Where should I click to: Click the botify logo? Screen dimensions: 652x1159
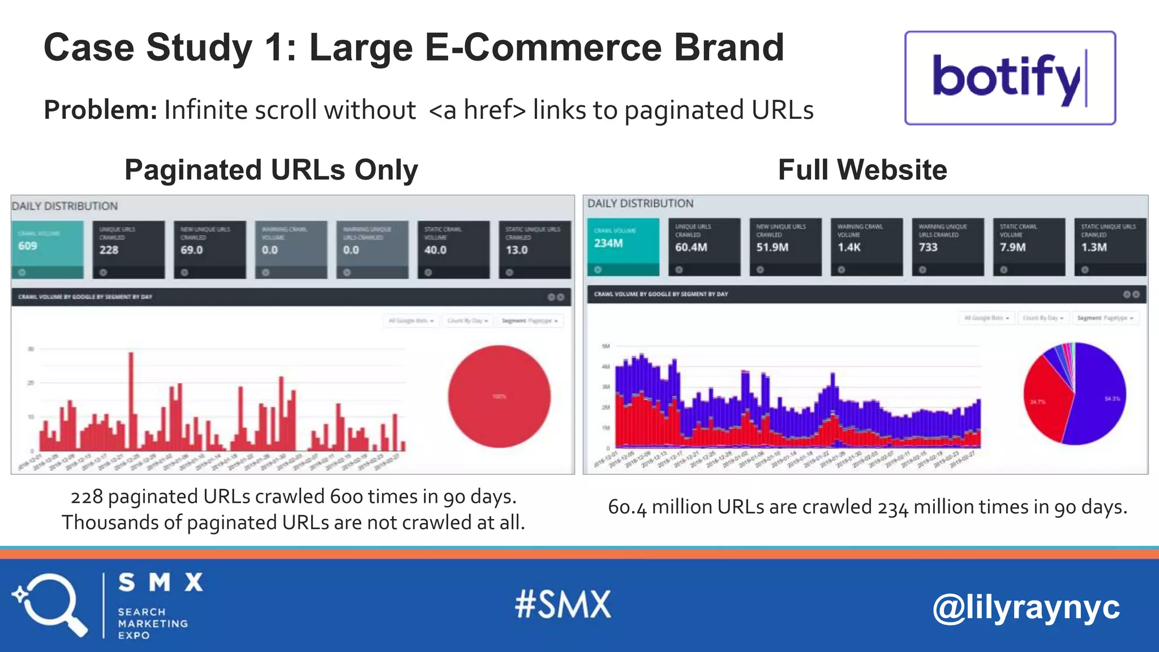tap(1010, 78)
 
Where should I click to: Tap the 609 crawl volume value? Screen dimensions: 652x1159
tap(28, 246)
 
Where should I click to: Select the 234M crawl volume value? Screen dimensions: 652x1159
tap(608, 243)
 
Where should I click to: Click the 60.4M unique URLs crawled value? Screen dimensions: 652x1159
tap(691, 247)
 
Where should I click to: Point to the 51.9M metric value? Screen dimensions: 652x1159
tap(772, 247)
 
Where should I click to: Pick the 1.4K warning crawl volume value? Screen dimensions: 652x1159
tap(849, 247)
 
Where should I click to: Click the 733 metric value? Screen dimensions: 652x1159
tap(928, 247)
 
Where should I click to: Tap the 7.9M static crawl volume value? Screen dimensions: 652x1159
tap(1012, 247)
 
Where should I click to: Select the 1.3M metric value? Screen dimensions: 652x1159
tap(1094, 247)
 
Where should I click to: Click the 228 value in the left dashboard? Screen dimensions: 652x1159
tap(109, 250)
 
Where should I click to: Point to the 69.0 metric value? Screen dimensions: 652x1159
tap(191, 250)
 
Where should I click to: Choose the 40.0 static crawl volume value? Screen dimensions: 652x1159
tap(435, 250)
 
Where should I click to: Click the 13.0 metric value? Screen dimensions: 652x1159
tap(516, 250)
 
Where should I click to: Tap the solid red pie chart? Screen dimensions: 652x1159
tap(499, 396)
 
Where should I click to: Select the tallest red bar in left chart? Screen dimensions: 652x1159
tap(131, 396)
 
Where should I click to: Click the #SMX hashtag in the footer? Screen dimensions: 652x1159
tap(563, 604)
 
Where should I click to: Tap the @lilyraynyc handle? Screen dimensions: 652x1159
tap(1026, 607)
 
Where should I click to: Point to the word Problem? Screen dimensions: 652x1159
tap(100, 110)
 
